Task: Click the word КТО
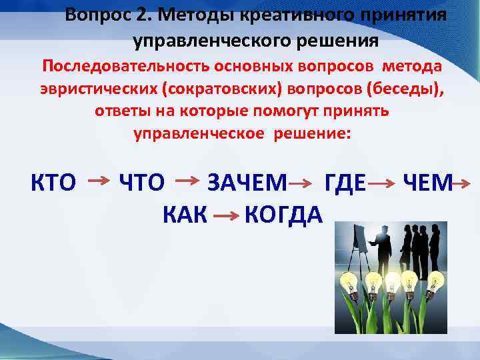53,182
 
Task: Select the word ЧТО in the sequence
141,182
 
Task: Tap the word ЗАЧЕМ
247,182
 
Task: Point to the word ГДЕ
345,182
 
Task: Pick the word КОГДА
283,214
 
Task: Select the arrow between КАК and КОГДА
227,215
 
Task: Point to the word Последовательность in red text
126,67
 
